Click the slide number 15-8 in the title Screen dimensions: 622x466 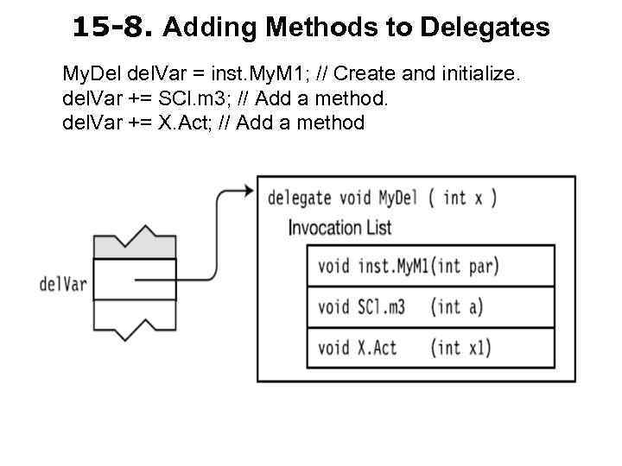[113, 28]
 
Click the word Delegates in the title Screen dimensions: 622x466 [485, 28]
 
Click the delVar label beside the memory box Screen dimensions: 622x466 [63, 283]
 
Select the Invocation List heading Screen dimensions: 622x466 [340, 228]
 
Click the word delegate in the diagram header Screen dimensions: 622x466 [299, 198]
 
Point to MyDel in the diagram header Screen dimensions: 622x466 [397, 198]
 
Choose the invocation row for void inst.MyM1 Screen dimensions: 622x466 [430, 266]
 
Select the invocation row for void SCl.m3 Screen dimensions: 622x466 [430, 306]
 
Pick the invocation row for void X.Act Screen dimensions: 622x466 [430, 348]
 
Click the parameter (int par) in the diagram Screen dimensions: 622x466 [466, 266]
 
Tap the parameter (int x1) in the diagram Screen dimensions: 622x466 [460, 348]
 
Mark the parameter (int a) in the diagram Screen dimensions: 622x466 [457, 306]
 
